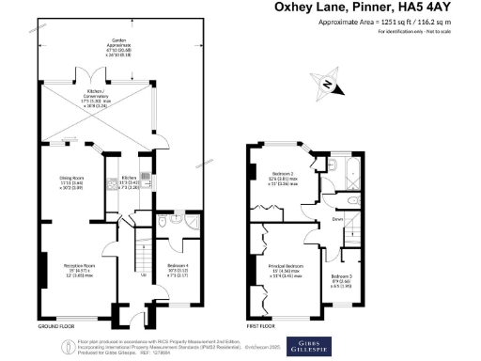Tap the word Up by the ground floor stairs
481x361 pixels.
coord(142,275)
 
